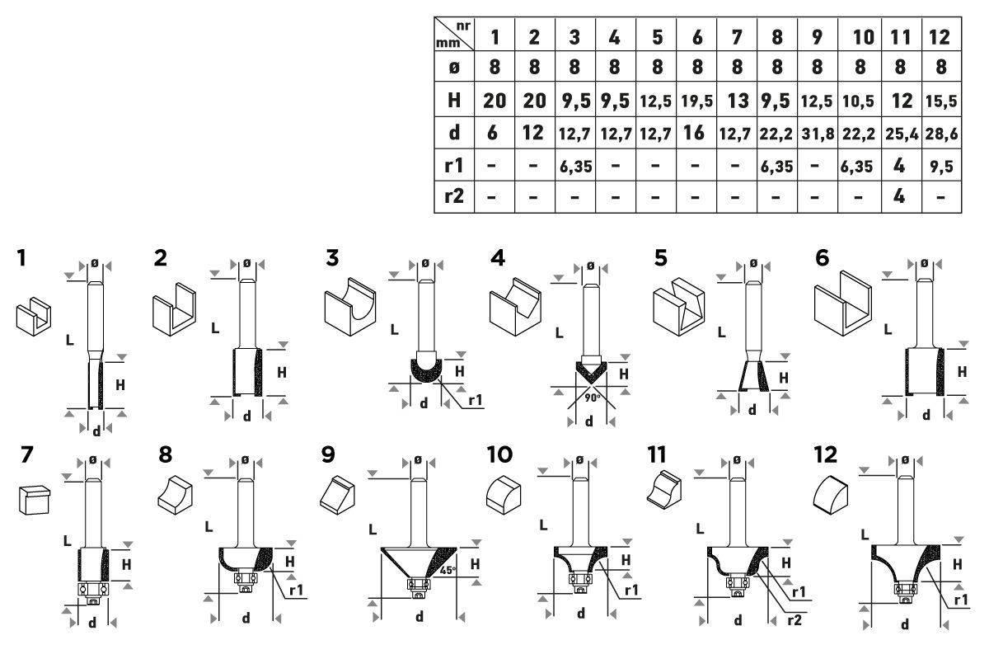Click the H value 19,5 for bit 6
pyautogui.click(x=696, y=101)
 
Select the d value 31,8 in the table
pyautogui.click(x=818, y=134)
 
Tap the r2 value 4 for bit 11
pyautogui.click(x=899, y=195)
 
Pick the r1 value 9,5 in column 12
pyautogui.click(x=941, y=167)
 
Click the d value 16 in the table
pyautogui.click(x=695, y=133)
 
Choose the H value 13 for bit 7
pyautogui.click(x=738, y=101)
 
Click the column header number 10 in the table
pyautogui.click(x=863, y=37)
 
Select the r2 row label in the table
pyautogui.click(x=454, y=195)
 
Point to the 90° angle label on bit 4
pyautogui.click(x=593, y=398)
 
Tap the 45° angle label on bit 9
pyautogui.click(x=448, y=571)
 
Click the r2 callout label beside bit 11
pyautogui.click(x=794, y=620)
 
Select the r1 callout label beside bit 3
pyautogui.click(x=475, y=401)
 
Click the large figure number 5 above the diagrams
pyautogui.click(x=660, y=258)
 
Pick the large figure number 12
pyautogui.click(x=826, y=454)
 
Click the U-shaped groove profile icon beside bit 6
pyautogui.click(x=843, y=304)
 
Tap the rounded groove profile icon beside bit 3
pyautogui.click(x=350, y=307)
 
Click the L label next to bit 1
pyautogui.click(x=70, y=341)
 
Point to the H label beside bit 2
pyautogui.click(x=282, y=373)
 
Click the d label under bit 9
pyautogui.click(x=420, y=616)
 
